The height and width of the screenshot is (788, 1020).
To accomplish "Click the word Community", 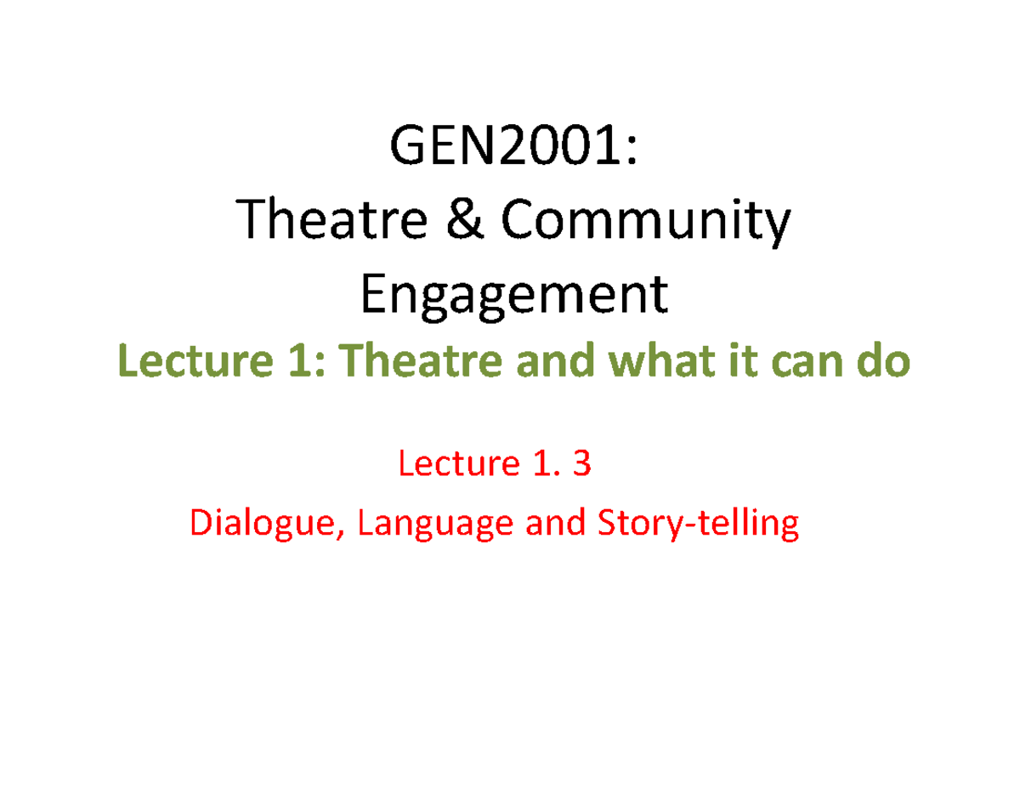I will [x=646, y=224].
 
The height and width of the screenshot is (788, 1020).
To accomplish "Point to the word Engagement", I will [x=515, y=298].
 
